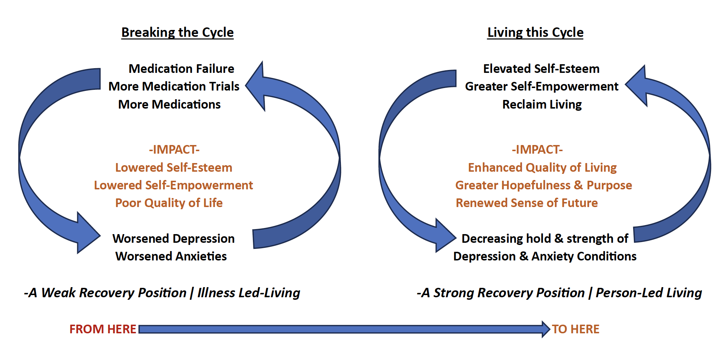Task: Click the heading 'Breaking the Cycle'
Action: tap(177, 32)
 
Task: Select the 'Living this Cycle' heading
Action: tap(535, 32)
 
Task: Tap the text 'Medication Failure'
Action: tap(181, 69)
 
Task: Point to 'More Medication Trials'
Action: tap(174, 86)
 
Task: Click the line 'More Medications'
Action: tap(169, 104)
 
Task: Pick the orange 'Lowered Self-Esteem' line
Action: tap(174, 167)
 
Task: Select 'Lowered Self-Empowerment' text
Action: tap(174, 185)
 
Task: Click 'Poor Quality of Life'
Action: tap(169, 203)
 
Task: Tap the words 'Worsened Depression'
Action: tap(174, 238)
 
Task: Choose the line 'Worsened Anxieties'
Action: tap(171, 256)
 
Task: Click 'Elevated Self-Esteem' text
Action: tap(541, 69)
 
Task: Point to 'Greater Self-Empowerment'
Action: tap(541, 86)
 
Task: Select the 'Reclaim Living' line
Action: tap(542, 104)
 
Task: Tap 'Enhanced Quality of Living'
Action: tap(542, 167)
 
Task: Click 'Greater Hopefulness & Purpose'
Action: tap(544, 185)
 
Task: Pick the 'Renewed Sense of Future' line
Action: tap(527, 203)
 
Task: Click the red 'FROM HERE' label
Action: tap(103, 329)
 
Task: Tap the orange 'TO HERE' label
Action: tap(575, 329)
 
